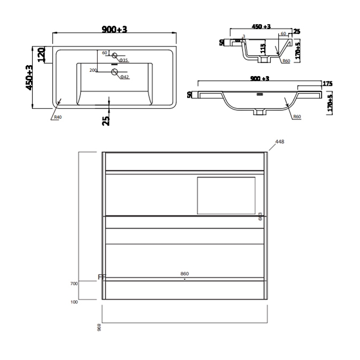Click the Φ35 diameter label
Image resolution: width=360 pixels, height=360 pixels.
coord(124,60)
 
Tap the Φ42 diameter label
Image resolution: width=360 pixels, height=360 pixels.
coord(124,77)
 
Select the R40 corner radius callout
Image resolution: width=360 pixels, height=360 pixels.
coord(57,117)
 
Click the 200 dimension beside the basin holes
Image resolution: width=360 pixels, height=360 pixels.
coord(93,70)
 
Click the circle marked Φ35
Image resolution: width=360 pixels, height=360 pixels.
coord(114,56)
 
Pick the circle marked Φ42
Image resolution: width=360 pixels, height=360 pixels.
coord(114,72)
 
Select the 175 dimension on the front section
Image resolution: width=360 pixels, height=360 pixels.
coord(327,83)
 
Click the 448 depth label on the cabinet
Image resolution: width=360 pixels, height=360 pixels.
coord(280,142)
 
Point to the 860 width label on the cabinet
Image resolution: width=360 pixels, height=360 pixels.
coord(184,273)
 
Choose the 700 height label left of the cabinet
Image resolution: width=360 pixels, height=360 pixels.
coord(74,283)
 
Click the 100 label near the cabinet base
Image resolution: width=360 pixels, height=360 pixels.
coord(74,302)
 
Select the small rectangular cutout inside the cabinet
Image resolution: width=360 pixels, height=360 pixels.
coord(226,195)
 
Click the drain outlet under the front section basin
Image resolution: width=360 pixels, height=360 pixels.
coord(260,111)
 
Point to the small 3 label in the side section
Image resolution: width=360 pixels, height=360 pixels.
coord(243,36)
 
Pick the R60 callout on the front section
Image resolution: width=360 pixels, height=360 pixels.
coord(296,117)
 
